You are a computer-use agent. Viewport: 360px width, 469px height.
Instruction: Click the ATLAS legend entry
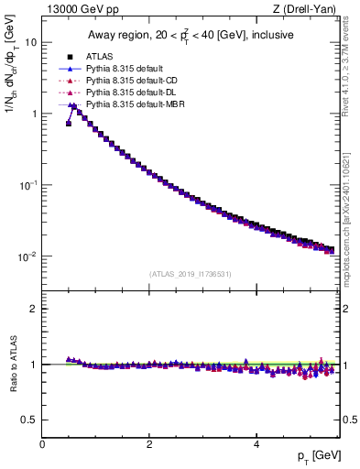click(100, 56)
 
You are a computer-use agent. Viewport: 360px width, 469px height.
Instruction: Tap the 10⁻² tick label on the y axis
click(28, 256)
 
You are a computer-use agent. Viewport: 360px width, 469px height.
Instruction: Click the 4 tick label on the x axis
click(256, 444)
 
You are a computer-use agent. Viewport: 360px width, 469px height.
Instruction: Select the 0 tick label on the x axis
click(42, 444)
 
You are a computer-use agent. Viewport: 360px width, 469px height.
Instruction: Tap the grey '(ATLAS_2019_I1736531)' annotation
click(191, 274)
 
